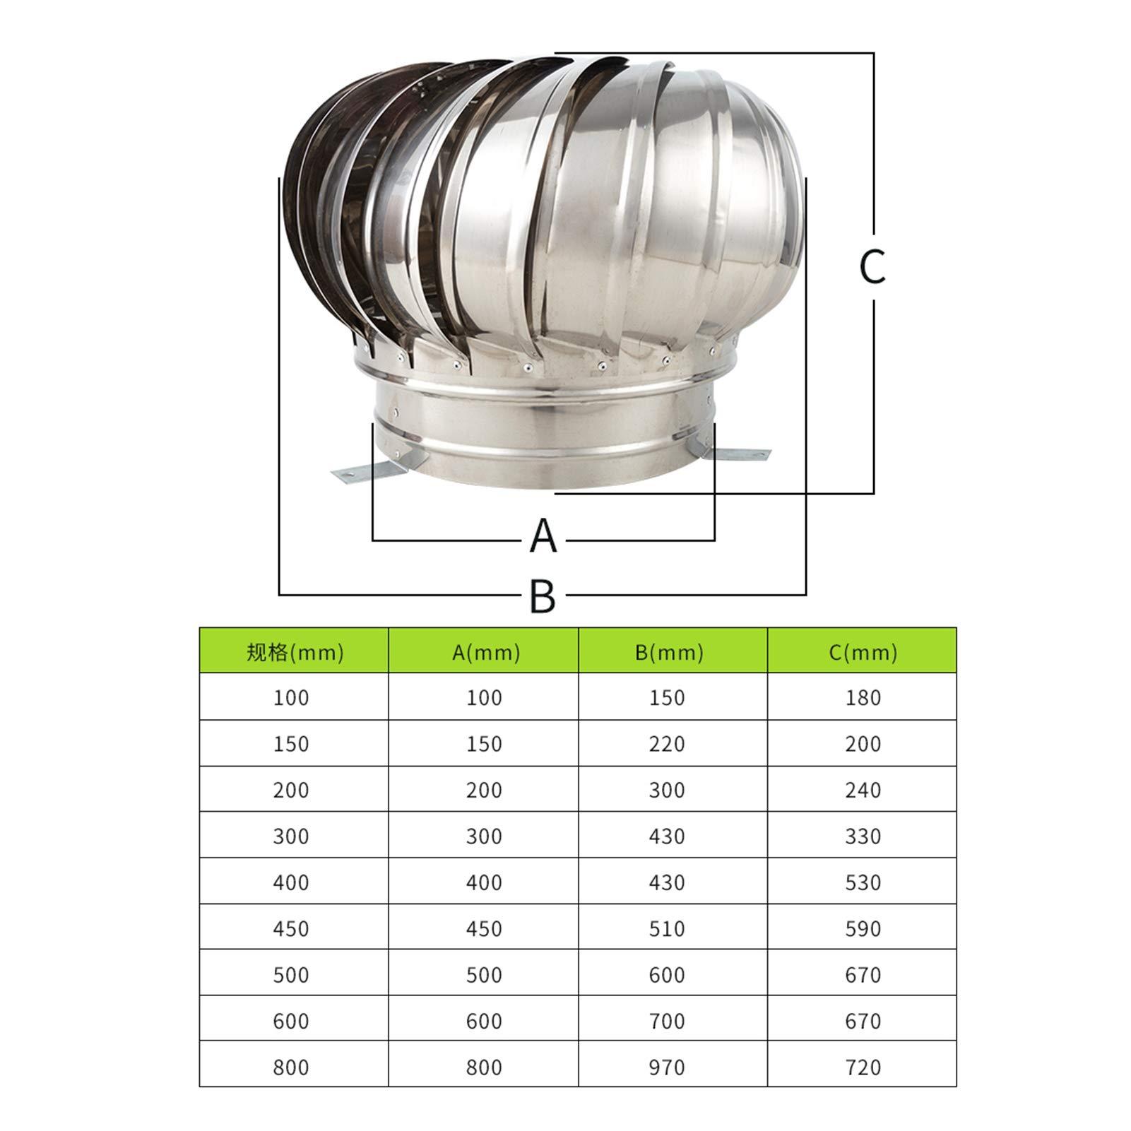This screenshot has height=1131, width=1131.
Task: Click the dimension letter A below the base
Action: tap(543, 536)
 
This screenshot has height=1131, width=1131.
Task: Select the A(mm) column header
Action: tap(485, 651)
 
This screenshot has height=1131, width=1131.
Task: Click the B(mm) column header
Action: tap(668, 651)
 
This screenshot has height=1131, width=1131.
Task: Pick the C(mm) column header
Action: tap(863, 651)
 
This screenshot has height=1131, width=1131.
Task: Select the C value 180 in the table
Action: tap(863, 698)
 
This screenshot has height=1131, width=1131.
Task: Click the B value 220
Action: tap(667, 744)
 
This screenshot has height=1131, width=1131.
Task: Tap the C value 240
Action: tap(863, 790)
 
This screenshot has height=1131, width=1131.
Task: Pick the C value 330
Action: tap(863, 836)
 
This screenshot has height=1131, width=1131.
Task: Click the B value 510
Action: tap(667, 928)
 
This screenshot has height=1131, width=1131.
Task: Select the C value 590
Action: tap(863, 928)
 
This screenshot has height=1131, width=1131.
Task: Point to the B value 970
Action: tap(667, 1067)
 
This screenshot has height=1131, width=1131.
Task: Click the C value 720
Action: tap(863, 1067)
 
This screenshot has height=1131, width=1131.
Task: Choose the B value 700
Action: tap(667, 1021)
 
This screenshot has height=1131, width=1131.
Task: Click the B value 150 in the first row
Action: tap(667, 698)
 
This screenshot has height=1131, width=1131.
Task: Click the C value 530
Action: tap(863, 882)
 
